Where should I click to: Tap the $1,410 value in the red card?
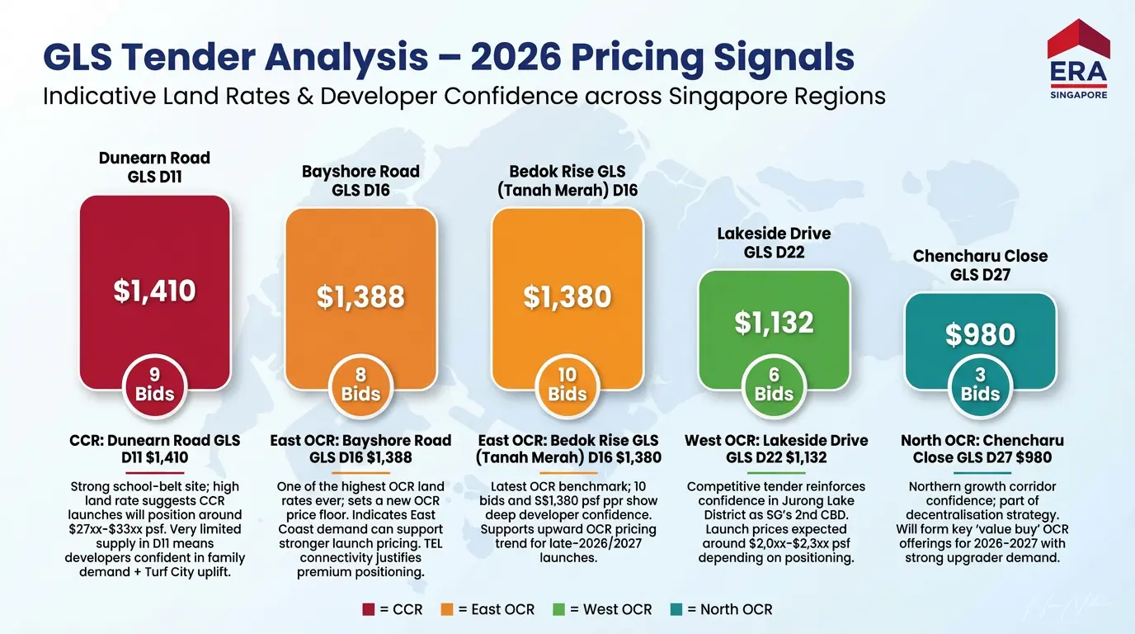155,291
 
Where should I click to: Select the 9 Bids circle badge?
155,385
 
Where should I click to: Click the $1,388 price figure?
361,297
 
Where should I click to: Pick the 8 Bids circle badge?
361,385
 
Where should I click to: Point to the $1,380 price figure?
567,297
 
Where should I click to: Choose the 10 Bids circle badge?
567,385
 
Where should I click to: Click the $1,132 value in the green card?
774,323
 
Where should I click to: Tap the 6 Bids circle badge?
774,385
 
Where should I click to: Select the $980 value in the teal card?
980,334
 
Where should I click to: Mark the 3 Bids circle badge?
980,385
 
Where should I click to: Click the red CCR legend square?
369,609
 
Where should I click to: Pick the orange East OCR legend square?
448,609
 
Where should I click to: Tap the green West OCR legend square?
558,609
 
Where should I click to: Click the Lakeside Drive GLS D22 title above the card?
774,243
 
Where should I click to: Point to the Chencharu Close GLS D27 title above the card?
980,265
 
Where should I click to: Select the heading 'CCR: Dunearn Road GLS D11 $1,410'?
155,448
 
